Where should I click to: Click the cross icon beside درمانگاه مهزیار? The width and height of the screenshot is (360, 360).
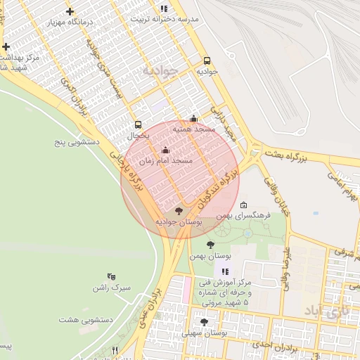point(70,12)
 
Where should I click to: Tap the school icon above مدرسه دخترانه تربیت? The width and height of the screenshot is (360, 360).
point(164,8)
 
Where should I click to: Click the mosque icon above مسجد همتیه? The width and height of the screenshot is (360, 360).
point(194,119)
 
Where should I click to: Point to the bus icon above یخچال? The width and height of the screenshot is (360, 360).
point(138,124)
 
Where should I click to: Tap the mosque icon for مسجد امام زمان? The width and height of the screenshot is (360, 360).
point(166,150)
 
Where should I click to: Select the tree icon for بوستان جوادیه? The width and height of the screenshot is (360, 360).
point(179,210)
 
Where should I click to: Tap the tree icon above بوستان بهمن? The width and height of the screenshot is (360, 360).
point(210,245)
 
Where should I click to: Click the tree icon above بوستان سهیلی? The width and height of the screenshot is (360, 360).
point(204,322)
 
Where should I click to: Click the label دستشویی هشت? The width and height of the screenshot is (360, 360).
point(82,319)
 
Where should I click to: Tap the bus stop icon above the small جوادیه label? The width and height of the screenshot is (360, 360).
point(207,60)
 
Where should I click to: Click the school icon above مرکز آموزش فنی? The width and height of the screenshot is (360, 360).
point(225,271)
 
